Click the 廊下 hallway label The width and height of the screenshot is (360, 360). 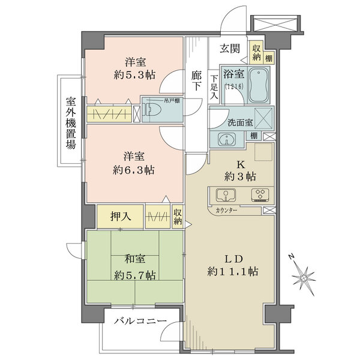[x=196, y=82]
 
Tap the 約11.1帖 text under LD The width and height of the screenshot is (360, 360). [x=235, y=271]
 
